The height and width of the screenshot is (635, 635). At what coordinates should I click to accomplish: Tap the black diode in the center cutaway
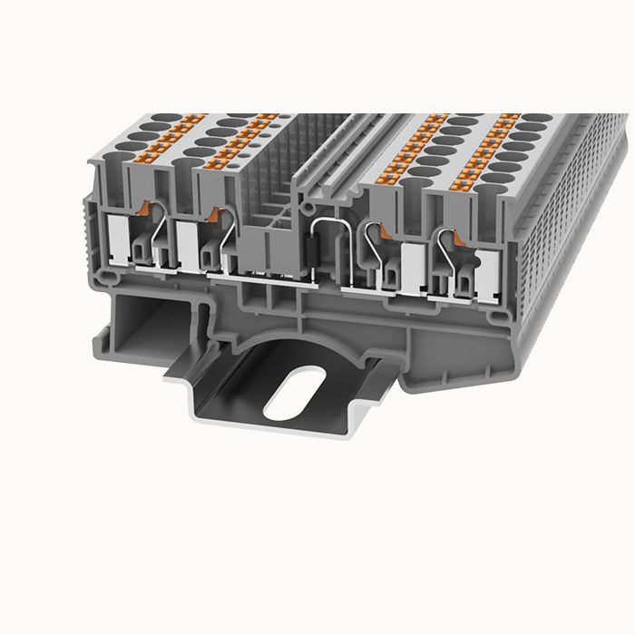click(314, 250)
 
